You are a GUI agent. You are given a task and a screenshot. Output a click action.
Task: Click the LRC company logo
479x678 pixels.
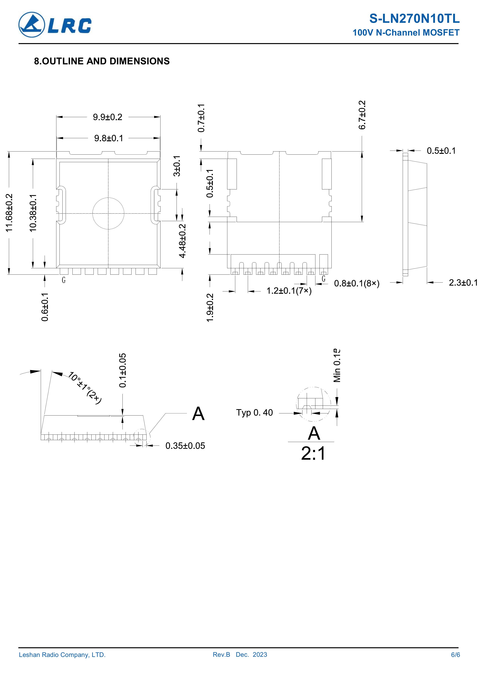55,25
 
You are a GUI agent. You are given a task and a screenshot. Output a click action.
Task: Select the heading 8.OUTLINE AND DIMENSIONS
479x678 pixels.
102,61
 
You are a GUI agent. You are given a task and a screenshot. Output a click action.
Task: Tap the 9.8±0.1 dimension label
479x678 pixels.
109,138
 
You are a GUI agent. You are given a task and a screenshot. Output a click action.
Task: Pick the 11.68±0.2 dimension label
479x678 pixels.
10,213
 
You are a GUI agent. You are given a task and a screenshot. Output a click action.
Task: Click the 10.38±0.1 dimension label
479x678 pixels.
33,213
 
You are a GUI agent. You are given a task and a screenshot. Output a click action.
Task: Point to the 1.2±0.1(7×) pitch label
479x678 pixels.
289,291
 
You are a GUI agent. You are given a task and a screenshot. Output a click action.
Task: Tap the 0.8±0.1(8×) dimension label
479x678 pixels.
357,284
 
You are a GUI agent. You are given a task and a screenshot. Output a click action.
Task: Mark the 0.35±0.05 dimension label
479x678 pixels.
185,446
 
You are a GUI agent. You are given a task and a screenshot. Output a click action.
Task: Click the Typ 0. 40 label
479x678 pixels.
254,412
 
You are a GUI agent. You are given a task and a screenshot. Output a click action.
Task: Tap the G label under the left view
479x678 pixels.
64,280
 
